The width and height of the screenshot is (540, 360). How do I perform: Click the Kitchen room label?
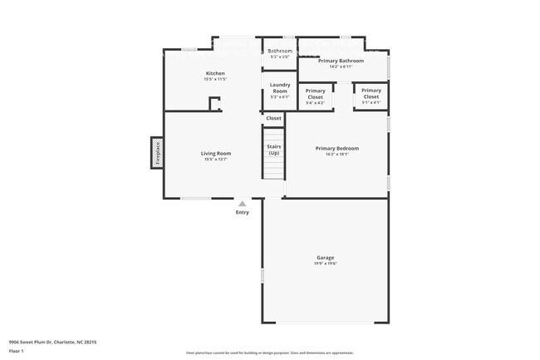215,73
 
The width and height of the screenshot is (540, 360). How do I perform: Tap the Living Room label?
215,153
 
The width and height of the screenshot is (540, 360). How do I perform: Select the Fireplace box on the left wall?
155,153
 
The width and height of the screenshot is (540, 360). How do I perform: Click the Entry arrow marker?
242,203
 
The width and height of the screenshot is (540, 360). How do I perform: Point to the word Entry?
242,212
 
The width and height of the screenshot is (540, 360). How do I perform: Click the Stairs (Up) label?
273,150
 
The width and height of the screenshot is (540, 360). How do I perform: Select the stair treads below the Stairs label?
273,169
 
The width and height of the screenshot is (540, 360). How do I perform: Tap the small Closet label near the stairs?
273,118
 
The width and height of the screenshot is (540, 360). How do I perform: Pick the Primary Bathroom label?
341,61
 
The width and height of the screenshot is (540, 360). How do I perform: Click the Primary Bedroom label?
336,149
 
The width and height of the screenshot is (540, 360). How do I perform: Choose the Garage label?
325,258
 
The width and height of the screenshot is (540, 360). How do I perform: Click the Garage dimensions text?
325,264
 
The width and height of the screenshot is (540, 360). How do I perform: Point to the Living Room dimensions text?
215,159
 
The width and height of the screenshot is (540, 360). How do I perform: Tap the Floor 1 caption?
17,351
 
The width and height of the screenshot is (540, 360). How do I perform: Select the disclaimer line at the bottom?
269,353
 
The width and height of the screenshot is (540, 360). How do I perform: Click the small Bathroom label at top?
279,51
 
